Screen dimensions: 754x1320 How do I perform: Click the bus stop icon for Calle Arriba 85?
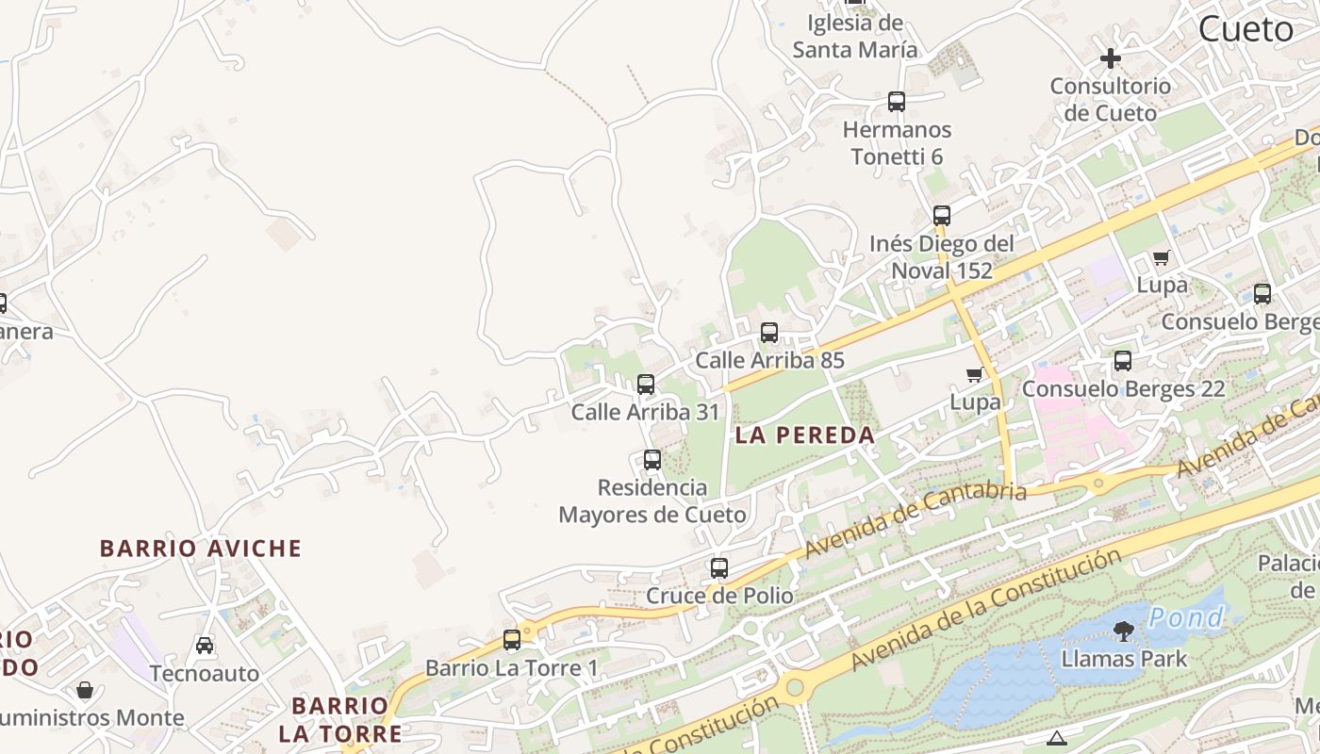point(769,333)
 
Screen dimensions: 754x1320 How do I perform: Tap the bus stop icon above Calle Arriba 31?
point(646,385)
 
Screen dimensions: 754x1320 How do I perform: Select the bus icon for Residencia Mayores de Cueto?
point(652,460)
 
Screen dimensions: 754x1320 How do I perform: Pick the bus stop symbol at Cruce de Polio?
point(719,568)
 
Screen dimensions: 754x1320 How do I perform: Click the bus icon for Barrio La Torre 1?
point(512,640)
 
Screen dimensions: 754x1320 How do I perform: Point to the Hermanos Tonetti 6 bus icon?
point(897,102)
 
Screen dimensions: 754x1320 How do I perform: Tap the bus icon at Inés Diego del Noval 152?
point(941,216)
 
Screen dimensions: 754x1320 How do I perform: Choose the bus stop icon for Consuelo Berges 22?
point(1123,361)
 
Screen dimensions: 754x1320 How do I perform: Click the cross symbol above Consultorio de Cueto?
point(1111,58)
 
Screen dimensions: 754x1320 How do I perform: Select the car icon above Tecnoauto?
point(205,646)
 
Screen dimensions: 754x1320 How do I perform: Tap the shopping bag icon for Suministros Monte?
point(85,691)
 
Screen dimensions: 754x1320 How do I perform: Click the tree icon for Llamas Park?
point(1123,631)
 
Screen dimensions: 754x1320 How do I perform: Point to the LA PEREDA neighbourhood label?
point(805,435)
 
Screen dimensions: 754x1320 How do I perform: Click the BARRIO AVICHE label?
point(201,549)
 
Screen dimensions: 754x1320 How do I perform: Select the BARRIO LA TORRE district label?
point(339,719)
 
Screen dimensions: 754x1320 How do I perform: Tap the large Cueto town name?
point(1246,29)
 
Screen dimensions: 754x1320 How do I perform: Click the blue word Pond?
point(1186,618)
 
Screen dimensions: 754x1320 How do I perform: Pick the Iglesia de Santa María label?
point(854,37)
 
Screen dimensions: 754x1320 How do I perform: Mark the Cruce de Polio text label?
point(719,596)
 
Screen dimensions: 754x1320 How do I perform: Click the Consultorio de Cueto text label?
point(1110,99)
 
